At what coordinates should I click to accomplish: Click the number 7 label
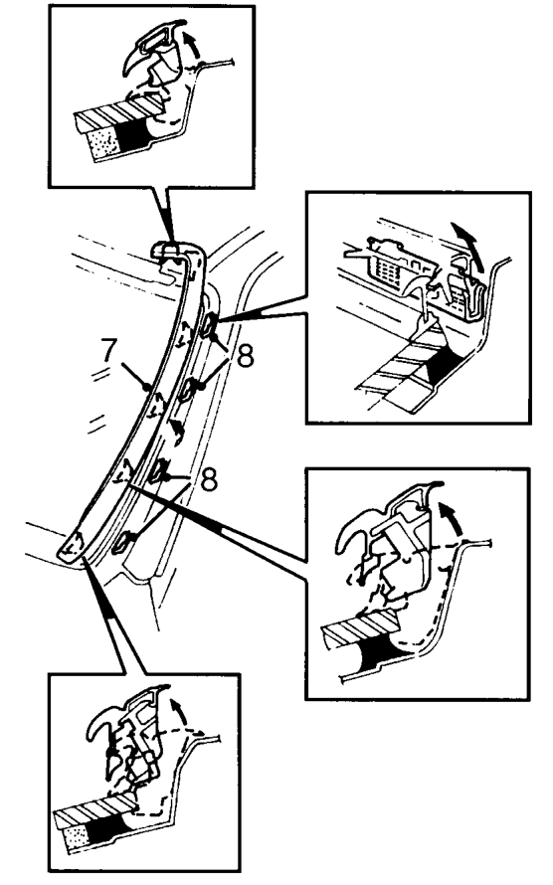(x=109, y=351)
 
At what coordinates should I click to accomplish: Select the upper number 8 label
(x=246, y=357)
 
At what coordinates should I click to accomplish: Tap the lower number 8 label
(x=208, y=480)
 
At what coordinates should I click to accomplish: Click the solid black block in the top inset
(x=132, y=134)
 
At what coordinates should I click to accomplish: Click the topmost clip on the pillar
(x=208, y=324)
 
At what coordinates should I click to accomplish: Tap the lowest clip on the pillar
(x=124, y=542)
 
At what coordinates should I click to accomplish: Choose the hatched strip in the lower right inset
(x=360, y=627)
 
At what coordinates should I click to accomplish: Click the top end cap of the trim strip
(x=169, y=248)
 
